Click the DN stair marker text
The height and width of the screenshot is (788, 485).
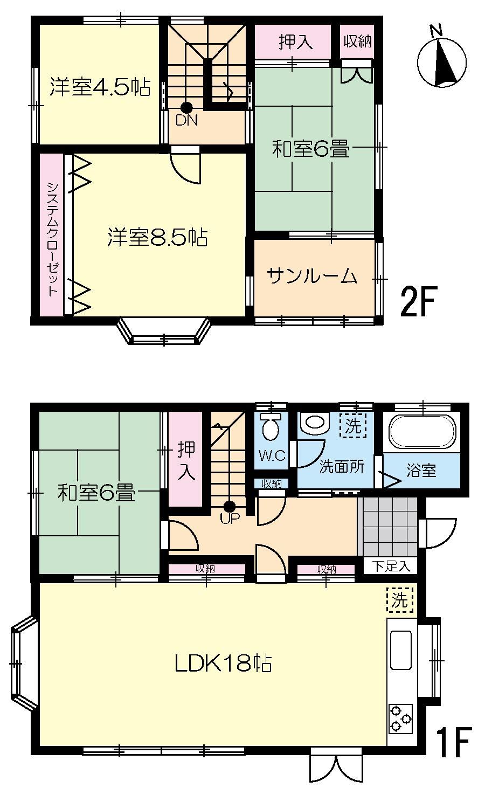(x=186, y=121)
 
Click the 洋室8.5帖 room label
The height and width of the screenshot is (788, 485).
(x=157, y=237)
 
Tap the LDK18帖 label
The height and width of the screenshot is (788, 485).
(x=223, y=663)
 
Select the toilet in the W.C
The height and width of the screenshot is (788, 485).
(x=270, y=426)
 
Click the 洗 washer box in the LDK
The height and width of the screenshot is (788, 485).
(x=400, y=600)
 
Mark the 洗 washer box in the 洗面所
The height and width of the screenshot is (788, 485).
(x=353, y=425)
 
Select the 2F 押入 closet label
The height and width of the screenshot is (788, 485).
(x=295, y=42)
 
